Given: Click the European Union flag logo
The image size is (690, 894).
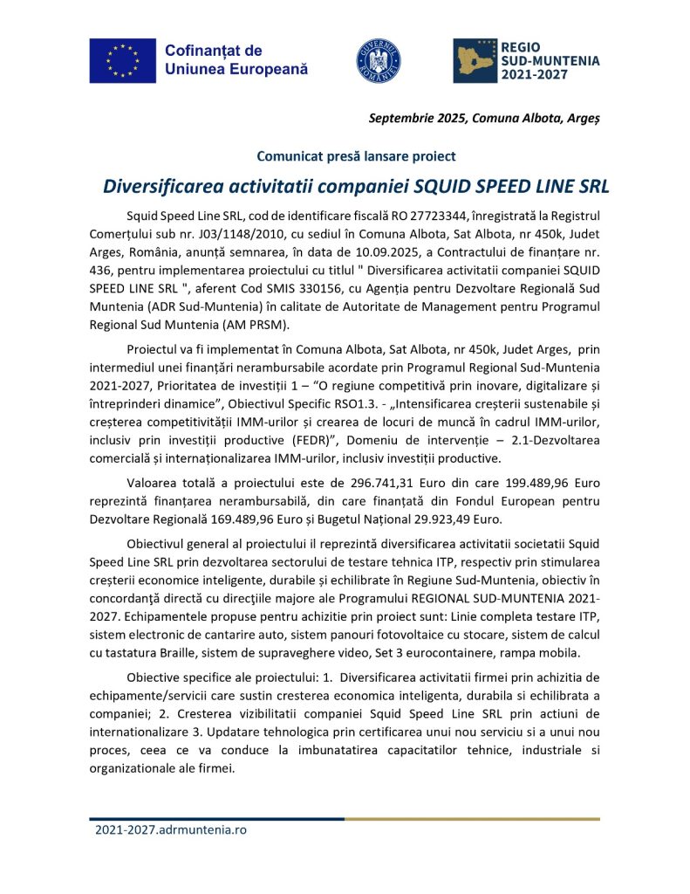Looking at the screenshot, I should [122, 60].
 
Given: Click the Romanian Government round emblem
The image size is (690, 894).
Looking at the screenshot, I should [379, 61].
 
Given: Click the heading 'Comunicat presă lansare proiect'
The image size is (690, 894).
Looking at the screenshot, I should [356, 156].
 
